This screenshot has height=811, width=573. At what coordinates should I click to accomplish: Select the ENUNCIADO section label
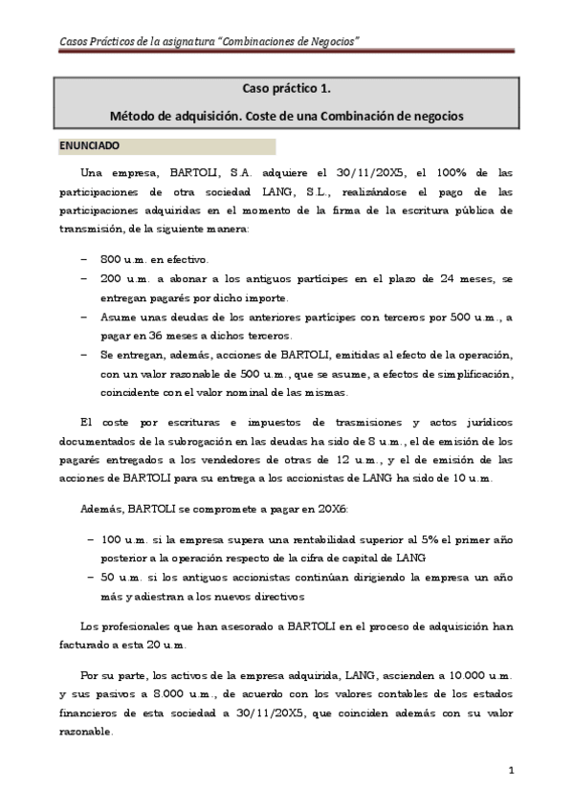coord(89,146)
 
